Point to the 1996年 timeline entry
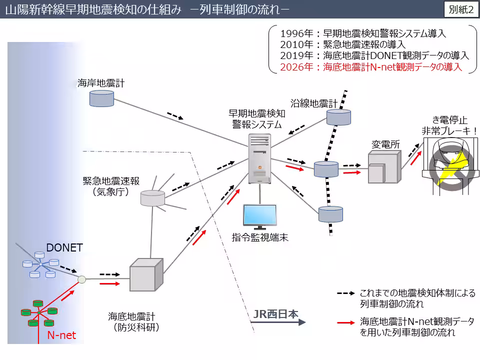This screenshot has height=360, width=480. point(363,34)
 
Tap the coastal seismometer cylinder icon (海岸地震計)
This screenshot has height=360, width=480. point(101,98)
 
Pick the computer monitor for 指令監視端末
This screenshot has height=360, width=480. point(259,215)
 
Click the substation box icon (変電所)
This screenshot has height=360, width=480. point(384,167)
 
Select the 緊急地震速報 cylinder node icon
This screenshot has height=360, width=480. point(152,198)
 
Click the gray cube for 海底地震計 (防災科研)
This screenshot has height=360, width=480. point(146,275)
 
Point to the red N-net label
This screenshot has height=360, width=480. point(61,335)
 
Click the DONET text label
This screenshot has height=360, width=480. point(64,247)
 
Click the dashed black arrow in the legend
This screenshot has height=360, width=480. point(345,293)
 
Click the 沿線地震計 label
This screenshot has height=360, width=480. point(317,103)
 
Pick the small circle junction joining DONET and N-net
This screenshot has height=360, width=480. point(82,279)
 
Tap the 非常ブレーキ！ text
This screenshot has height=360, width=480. point(448,131)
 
